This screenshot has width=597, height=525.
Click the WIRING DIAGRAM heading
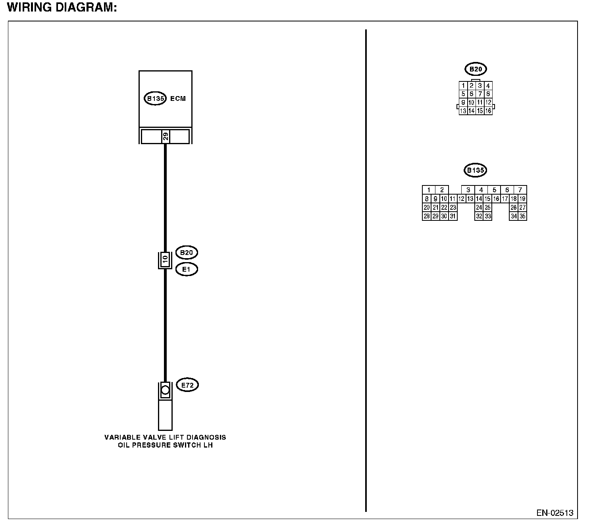click(62, 8)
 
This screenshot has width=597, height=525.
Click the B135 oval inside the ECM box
click(155, 98)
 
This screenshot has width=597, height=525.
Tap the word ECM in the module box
click(178, 98)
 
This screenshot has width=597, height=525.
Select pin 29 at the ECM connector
click(166, 137)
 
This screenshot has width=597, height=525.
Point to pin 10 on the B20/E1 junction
click(165, 260)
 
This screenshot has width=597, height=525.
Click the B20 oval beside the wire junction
click(187, 253)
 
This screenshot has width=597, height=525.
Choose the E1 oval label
click(187, 270)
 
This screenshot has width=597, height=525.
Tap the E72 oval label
click(187, 385)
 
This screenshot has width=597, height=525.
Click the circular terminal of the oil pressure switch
click(165, 390)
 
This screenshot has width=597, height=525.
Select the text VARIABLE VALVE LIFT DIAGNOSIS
click(165, 437)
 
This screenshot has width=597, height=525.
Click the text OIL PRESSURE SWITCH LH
click(165, 445)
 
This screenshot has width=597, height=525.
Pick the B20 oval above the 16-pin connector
click(476, 69)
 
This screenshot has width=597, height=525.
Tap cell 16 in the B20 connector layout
click(488, 111)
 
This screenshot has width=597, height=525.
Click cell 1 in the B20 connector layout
click(463, 86)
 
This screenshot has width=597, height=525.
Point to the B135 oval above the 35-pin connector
click(475, 170)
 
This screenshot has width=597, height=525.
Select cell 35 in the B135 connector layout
click(522, 216)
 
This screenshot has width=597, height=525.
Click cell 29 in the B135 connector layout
click(435, 216)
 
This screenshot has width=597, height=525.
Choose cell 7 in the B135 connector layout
click(520, 190)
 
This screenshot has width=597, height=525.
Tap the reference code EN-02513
click(555, 513)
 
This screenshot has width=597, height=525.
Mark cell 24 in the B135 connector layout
click(479, 207)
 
